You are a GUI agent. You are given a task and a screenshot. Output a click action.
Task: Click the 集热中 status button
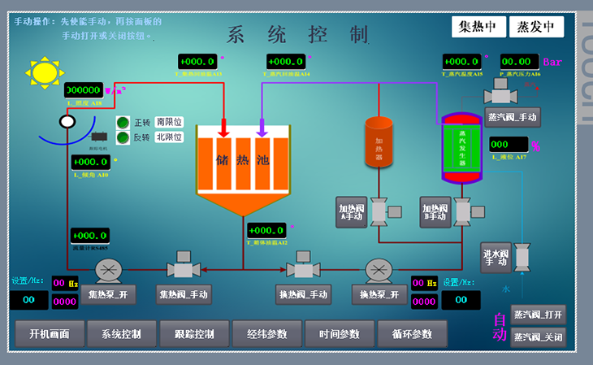coord(478,27)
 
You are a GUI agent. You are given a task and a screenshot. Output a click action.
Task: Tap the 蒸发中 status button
coord(536,27)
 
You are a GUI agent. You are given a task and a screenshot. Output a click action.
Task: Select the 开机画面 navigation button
coord(50,334)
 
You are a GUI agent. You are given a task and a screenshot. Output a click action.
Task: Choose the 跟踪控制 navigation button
coord(194,334)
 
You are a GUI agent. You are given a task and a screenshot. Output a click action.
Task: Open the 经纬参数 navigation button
coord(266,334)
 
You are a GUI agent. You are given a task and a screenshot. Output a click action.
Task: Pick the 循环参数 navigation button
coord(412,334)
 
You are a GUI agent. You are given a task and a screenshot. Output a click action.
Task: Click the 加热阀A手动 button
coord(353,211)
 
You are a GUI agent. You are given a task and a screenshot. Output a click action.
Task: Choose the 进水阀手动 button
coord(496,257)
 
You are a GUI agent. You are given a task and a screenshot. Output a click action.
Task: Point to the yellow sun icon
coord(45,72)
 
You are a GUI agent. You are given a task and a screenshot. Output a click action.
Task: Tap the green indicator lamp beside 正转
coord(123,123)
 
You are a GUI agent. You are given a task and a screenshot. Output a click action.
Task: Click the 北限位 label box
coord(169,137)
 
